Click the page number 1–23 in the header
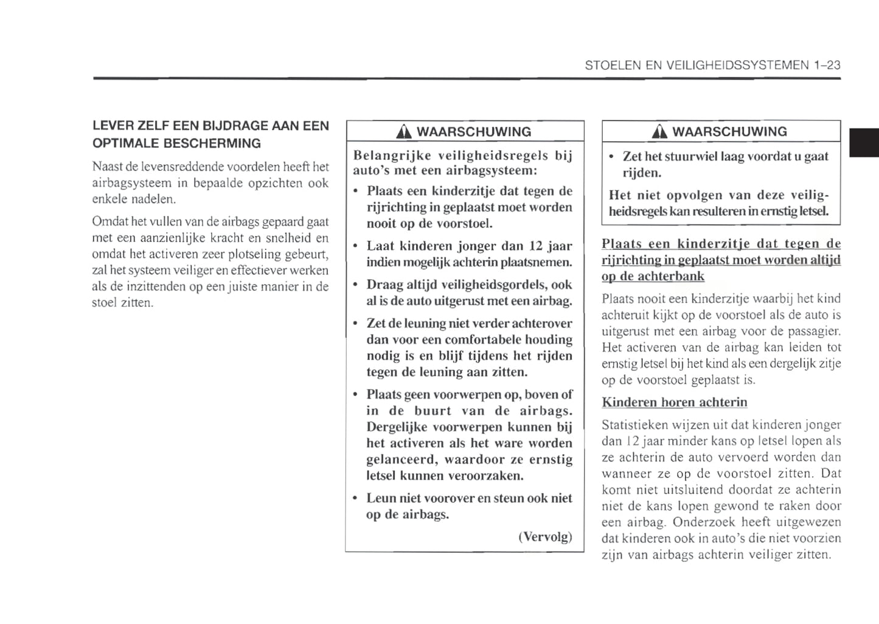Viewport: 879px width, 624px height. pyautogui.click(x=826, y=65)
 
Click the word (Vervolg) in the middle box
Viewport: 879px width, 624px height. pyautogui.click(x=545, y=537)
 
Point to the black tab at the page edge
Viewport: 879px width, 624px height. pyautogui.click(x=864, y=143)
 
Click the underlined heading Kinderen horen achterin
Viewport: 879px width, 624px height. pyautogui.click(x=674, y=402)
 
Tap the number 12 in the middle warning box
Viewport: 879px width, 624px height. pyautogui.click(x=535, y=246)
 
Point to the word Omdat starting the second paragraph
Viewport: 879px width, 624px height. pyautogui.click(x=108, y=221)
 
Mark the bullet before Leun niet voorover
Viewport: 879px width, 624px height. pyautogui.click(x=355, y=498)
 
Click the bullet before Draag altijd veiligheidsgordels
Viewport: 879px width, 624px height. pyautogui.click(x=355, y=285)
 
